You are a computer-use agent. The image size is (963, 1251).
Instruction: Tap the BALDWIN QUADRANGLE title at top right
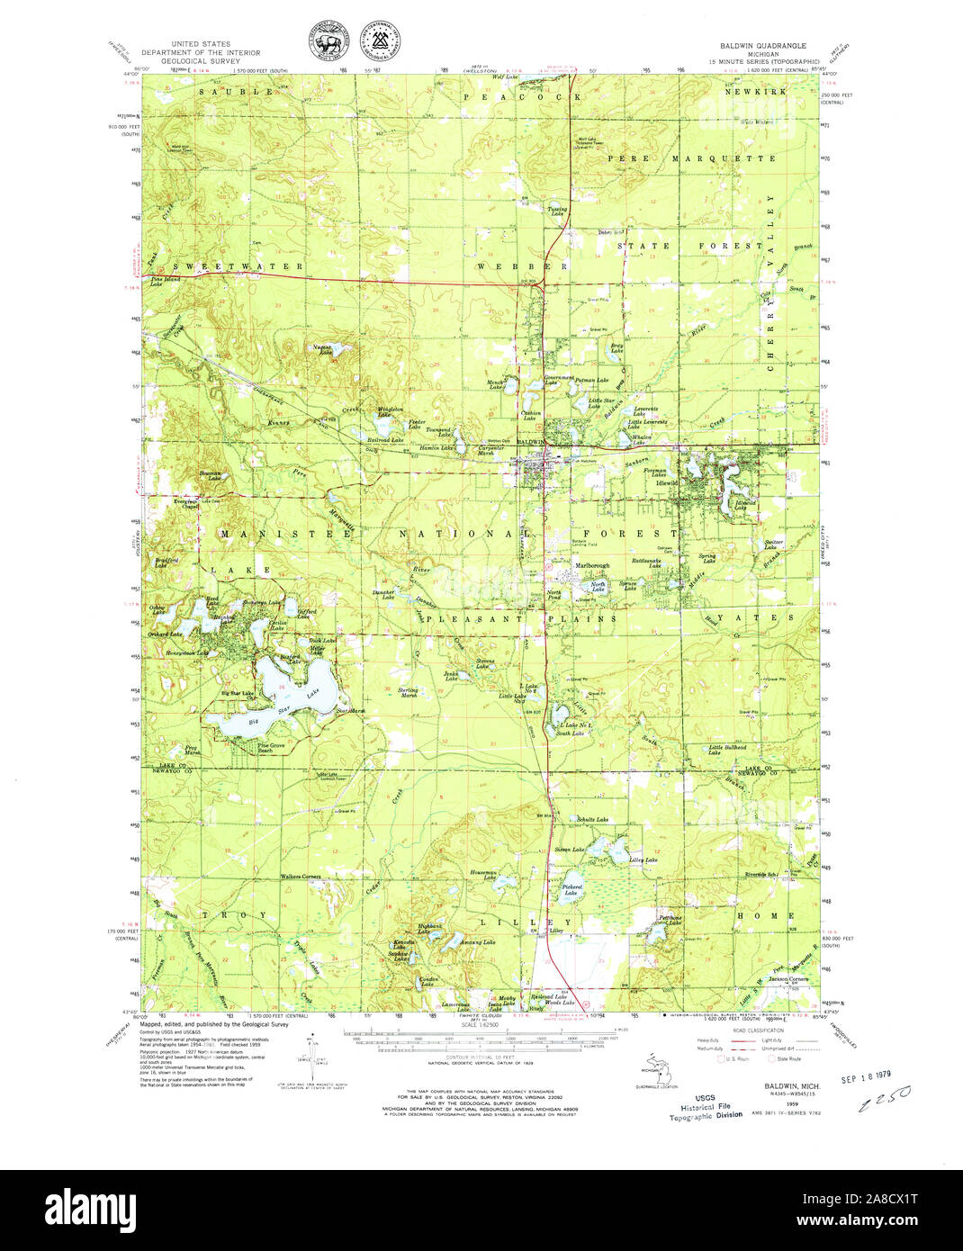click(x=762, y=45)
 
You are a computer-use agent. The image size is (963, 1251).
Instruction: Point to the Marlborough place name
click(x=591, y=565)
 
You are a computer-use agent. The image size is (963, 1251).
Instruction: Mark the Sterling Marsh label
click(x=408, y=692)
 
